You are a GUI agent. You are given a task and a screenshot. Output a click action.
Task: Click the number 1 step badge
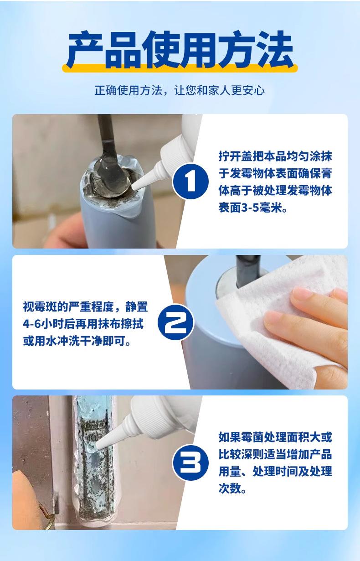pyautogui.click(x=190, y=182)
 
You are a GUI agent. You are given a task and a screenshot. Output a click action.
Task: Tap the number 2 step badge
pyautogui.click(x=176, y=322)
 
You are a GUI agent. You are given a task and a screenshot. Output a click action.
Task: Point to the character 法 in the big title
pyautogui.click(x=275, y=49)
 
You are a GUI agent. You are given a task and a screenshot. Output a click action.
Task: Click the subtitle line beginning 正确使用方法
pyautogui.click(x=180, y=90)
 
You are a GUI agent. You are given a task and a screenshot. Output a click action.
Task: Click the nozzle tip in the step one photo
pyautogui.click(x=134, y=187)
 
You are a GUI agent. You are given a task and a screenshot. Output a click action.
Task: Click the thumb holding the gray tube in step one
pyautogui.click(x=66, y=235)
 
